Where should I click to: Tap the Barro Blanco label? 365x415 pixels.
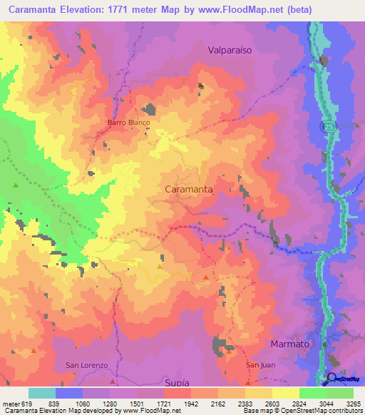tap(129, 123)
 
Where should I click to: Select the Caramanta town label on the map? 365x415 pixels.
tap(188, 190)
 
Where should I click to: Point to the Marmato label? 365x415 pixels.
tap(290, 344)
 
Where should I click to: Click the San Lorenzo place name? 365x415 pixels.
tap(86, 365)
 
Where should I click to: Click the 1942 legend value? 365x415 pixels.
tap(191, 403)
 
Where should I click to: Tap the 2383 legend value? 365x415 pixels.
tap(245, 403)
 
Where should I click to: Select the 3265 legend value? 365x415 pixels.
tap(354, 403)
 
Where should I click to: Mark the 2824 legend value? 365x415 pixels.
tap(299, 403)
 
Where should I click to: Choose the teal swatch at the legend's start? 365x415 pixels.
tap(42, 393)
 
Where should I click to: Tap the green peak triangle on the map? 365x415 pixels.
tap(16, 185)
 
